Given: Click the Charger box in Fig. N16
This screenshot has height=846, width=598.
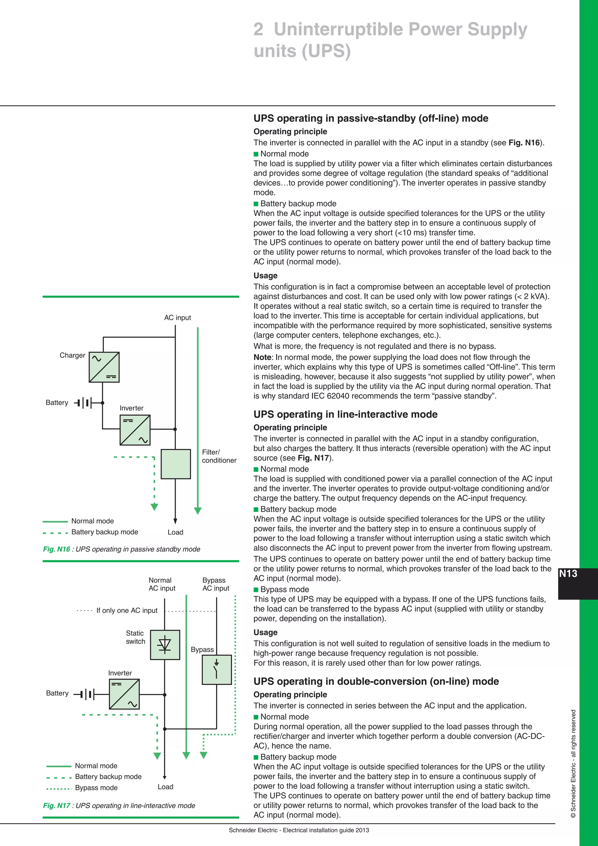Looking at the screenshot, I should click(x=104, y=367).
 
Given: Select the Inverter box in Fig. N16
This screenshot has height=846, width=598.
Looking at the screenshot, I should click(x=135, y=430).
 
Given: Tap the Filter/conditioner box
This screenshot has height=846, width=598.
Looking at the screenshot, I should click(x=176, y=464).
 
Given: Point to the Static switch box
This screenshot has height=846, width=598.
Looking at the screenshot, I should click(x=165, y=645).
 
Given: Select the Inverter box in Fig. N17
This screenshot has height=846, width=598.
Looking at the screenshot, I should click(x=124, y=694).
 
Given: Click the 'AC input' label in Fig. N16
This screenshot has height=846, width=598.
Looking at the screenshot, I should click(x=178, y=318).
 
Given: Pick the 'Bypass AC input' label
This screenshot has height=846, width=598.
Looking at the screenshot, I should click(x=215, y=584).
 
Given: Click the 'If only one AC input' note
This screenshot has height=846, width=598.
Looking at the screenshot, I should click(x=127, y=611).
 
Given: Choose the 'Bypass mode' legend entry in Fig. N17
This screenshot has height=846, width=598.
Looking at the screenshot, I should click(x=96, y=788).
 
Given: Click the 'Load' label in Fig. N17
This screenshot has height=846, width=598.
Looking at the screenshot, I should click(x=165, y=787).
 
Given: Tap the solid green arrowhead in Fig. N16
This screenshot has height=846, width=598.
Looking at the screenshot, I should click(x=198, y=511).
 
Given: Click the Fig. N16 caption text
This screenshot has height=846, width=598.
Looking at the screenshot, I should click(x=121, y=549).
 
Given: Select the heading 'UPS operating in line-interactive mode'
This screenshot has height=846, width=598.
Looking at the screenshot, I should click(x=345, y=414).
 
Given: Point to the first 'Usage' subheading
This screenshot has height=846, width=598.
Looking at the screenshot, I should click(x=265, y=275).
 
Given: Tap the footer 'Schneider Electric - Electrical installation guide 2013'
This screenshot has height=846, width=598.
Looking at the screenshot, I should click(x=299, y=830).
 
